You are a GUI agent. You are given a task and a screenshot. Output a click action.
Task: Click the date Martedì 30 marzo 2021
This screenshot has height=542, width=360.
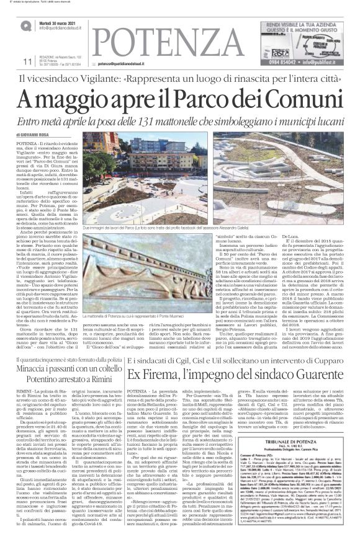coord(59,23)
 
